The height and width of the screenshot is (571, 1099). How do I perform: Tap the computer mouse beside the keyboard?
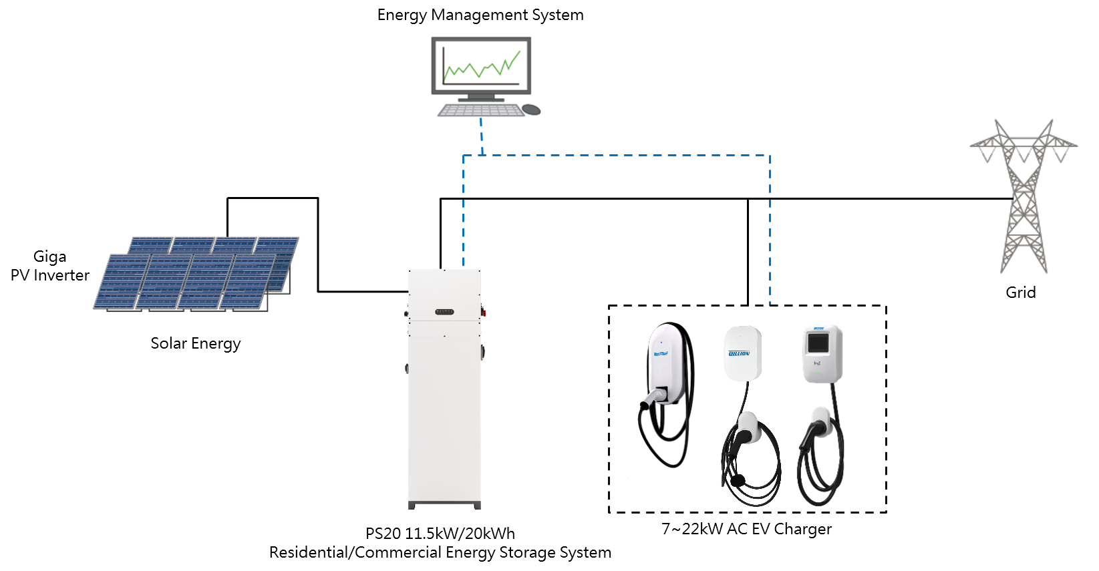(531, 109)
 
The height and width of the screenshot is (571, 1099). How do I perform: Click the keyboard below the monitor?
(481, 110)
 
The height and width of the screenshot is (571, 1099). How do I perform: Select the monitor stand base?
(481, 99)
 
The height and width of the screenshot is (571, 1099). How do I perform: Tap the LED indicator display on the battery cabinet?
(444, 312)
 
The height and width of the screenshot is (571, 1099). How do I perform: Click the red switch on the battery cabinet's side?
(484, 311)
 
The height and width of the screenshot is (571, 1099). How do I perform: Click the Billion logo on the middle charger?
(739, 353)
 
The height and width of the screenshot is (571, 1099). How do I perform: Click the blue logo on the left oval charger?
(660, 353)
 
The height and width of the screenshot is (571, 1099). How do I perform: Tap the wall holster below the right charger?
(821, 421)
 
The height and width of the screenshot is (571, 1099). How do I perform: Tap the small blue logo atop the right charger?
(819, 329)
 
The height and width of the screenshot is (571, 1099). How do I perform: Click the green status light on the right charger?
(817, 372)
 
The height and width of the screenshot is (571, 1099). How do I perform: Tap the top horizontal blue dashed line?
(615, 156)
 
